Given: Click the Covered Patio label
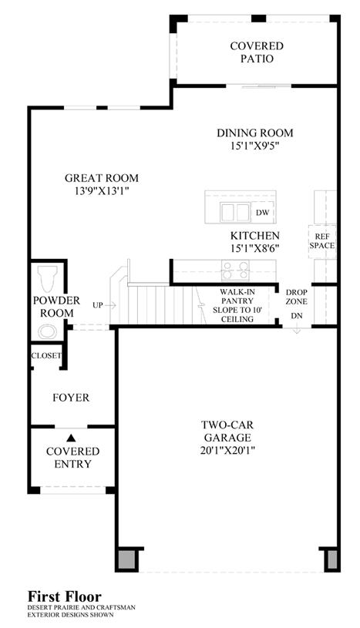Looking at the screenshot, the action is click(x=257, y=52).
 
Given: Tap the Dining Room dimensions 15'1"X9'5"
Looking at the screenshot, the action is click(x=254, y=146).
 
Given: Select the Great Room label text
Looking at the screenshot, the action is click(x=102, y=178).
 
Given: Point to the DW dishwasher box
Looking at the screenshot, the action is click(x=263, y=213).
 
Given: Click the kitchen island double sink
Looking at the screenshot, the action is click(x=235, y=212).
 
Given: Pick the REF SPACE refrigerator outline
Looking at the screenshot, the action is click(x=322, y=241).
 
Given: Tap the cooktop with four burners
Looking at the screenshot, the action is click(x=235, y=270).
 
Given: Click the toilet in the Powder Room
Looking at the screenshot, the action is click(x=47, y=277).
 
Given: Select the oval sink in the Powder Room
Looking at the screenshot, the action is click(x=47, y=331).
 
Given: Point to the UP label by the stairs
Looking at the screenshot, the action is click(x=98, y=305).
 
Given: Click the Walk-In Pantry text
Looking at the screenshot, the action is click(x=237, y=297).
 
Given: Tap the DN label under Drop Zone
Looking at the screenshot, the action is click(x=297, y=316).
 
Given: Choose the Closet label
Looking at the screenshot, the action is click(x=46, y=355).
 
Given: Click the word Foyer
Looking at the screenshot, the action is click(x=71, y=398).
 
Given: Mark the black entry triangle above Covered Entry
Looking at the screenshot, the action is click(x=71, y=438).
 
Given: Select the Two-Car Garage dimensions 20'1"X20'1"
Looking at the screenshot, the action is click(x=227, y=451).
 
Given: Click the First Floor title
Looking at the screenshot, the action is click(x=64, y=596).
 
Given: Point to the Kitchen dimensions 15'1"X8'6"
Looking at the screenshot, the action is click(x=254, y=248).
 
